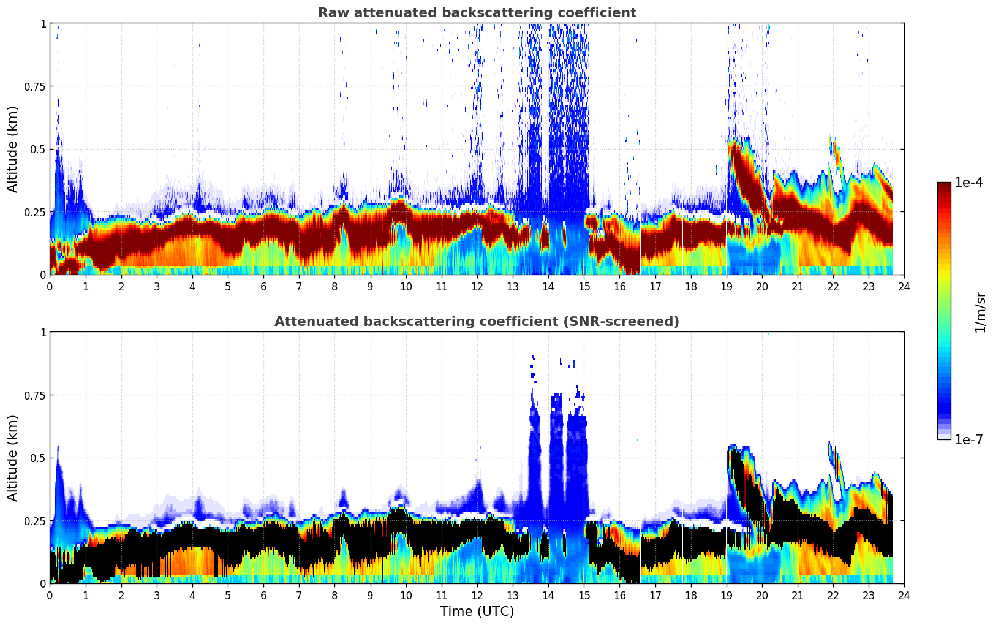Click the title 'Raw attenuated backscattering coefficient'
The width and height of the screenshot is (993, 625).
click(477, 13)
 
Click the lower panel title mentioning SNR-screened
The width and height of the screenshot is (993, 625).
click(477, 322)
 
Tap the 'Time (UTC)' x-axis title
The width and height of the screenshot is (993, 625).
click(477, 612)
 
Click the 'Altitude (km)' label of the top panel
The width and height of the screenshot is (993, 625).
click(13, 149)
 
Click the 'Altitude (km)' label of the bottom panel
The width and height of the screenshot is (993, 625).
click(13, 458)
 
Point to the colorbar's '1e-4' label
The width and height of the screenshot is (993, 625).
click(968, 183)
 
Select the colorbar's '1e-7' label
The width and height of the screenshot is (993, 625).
click(968, 439)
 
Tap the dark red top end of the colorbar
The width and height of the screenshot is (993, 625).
click(943, 185)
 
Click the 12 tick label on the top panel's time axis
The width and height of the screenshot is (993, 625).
click(477, 286)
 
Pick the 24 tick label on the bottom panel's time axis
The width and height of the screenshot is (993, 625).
click(904, 595)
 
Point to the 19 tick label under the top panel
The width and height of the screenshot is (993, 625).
click(726, 286)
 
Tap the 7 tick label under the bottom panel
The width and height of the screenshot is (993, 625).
click(299, 595)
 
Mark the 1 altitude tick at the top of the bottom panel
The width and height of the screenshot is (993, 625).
click(43, 332)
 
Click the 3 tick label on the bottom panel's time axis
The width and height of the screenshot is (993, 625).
click(157, 595)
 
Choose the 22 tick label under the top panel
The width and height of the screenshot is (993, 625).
click(833, 286)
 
